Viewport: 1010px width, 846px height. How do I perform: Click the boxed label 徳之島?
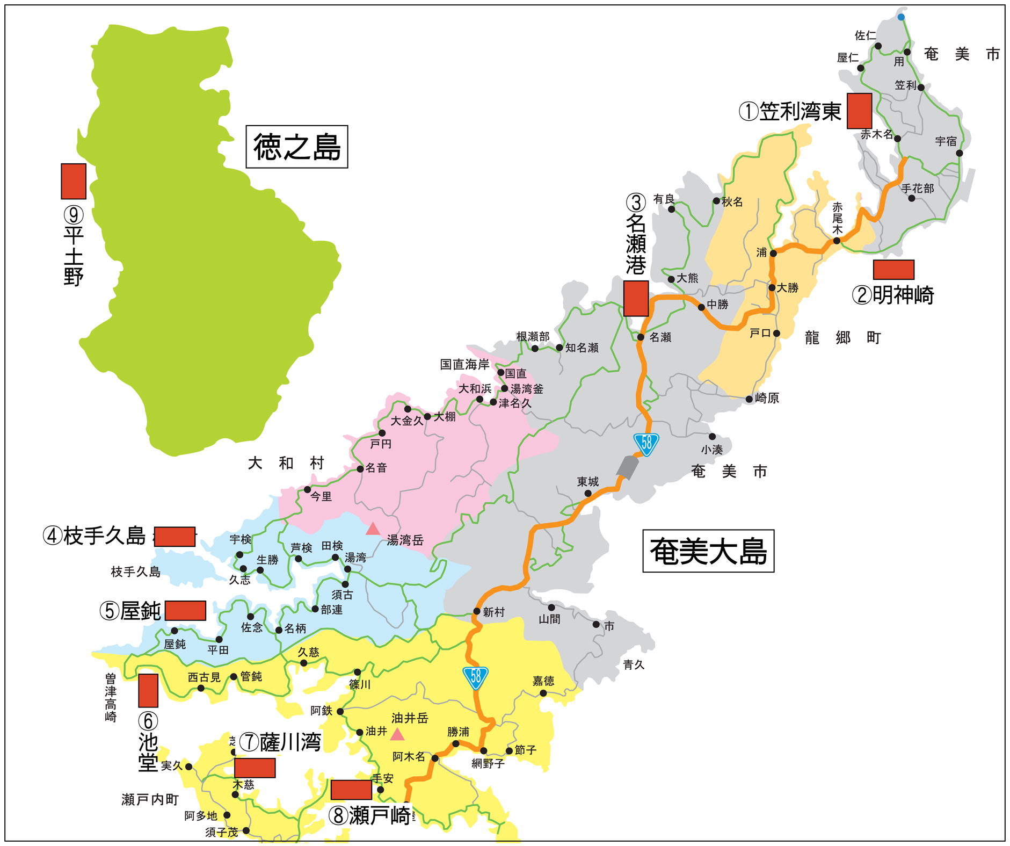[296, 147]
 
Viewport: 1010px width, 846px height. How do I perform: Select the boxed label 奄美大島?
[708, 551]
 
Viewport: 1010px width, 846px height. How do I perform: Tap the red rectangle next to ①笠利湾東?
[859, 111]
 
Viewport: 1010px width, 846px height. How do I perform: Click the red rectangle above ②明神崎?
[893, 270]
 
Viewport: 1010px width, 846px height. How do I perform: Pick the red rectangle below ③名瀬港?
[636, 298]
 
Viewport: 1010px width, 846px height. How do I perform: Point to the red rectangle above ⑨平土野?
[74, 181]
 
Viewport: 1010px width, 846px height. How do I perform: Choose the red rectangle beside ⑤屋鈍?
[185, 610]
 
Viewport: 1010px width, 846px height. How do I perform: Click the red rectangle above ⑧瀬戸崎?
[351, 790]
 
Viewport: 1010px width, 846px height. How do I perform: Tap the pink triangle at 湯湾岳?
[373, 529]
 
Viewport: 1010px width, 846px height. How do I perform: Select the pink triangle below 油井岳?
[397, 734]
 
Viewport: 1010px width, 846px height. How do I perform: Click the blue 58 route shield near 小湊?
[646, 444]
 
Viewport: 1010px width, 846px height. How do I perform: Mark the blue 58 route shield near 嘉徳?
[475, 678]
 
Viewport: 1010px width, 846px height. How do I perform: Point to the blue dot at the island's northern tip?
[901, 17]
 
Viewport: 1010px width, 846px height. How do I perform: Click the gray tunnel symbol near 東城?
[627, 467]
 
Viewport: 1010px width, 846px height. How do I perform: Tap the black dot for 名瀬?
[641, 337]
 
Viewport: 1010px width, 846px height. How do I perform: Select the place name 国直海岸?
[464, 365]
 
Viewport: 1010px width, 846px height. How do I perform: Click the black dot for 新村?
[476, 611]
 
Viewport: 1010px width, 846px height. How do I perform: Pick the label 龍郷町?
[842, 338]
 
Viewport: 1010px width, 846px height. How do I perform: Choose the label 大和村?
[286, 463]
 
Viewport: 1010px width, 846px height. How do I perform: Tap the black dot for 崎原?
[749, 399]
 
